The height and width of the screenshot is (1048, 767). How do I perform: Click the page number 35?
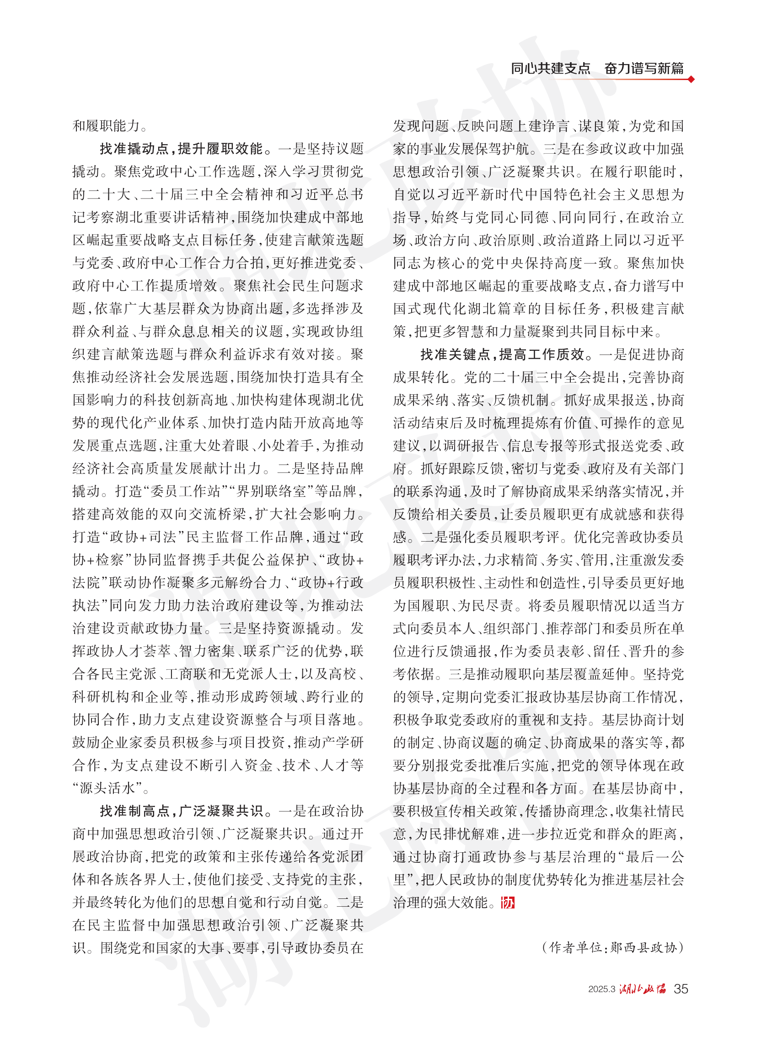pyautogui.click(x=681, y=989)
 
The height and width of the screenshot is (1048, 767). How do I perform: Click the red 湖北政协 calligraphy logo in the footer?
pyautogui.click(x=643, y=989)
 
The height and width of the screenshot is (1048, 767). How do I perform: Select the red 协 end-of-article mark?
pyautogui.click(x=508, y=903)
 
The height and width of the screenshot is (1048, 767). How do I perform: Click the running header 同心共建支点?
pyautogui.click(x=550, y=69)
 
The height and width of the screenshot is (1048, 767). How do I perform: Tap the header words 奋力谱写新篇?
pyautogui.click(x=644, y=69)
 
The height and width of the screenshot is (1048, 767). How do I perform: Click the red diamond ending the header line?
pyautogui.click(x=692, y=80)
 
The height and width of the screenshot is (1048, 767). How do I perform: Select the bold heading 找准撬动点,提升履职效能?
pyautogui.click(x=181, y=149)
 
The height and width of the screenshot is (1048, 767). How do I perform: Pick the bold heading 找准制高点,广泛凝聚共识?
pyautogui.click(x=181, y=811)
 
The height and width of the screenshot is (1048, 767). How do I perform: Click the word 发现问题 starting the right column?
pyautogui.click(x=421, y=126)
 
